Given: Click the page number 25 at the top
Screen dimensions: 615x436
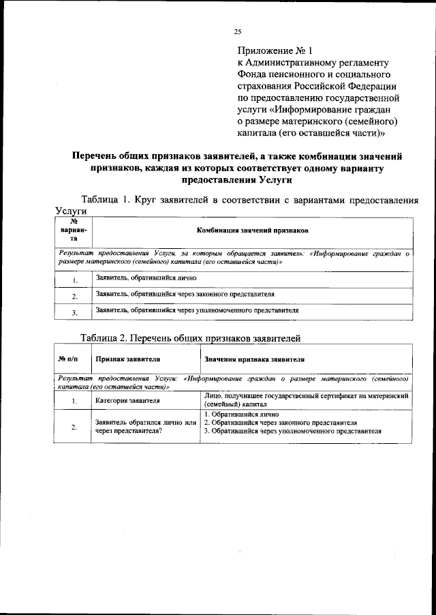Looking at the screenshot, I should pyautogui.click(x=238, y=31).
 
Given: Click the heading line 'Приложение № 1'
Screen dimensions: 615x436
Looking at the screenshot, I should pyautogui.click(x=274, y=50).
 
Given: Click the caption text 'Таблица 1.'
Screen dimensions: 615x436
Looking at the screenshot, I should pyautogui.click(x=106, y=200).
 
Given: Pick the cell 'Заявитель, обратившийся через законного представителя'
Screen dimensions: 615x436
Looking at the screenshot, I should pyautogui.click(x=185, y=295).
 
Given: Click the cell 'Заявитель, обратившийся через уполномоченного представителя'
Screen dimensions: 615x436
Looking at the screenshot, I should pyautogui.click(x=198, y=310).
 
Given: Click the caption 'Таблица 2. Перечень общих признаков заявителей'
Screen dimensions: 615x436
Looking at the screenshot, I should pyautogui.click(x=190, y=337).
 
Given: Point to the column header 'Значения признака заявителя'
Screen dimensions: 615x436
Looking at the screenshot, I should pyautogui.click(x=254, y=358).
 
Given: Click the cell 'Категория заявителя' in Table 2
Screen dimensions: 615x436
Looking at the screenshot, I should pyautogui.click(x=127, y=400).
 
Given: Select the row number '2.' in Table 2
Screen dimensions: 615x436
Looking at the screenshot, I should pyautogui.click(x=73, y=427).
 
